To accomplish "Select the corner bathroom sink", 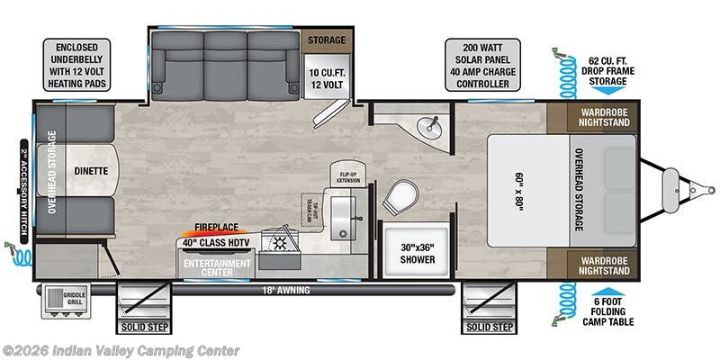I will click(430, 125).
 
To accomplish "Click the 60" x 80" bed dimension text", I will click(521, 190).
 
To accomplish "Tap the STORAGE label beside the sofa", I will click(328, 40).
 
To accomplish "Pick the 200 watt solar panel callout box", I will click(482, 64).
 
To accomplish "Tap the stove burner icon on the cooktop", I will click(279, 243).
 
